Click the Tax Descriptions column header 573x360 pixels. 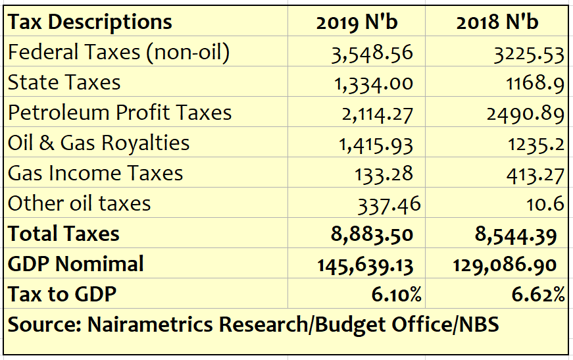coord(90,22)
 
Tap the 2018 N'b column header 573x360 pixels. coord(497,22)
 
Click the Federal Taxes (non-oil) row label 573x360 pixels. coord(119,53)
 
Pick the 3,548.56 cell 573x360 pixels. coord(372,53)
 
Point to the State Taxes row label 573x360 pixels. coord(64,83)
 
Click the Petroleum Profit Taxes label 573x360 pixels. coord(120,113)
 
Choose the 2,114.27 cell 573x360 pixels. coord(377,114)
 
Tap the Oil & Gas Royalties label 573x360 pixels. coord(99,143)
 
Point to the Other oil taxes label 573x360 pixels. coord(80,204)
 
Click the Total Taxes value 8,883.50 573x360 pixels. coord(372,235)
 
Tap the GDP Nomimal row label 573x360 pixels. coord(76,265)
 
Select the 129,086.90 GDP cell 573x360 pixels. coord(505,265)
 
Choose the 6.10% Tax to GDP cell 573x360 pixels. coord(396,295)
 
